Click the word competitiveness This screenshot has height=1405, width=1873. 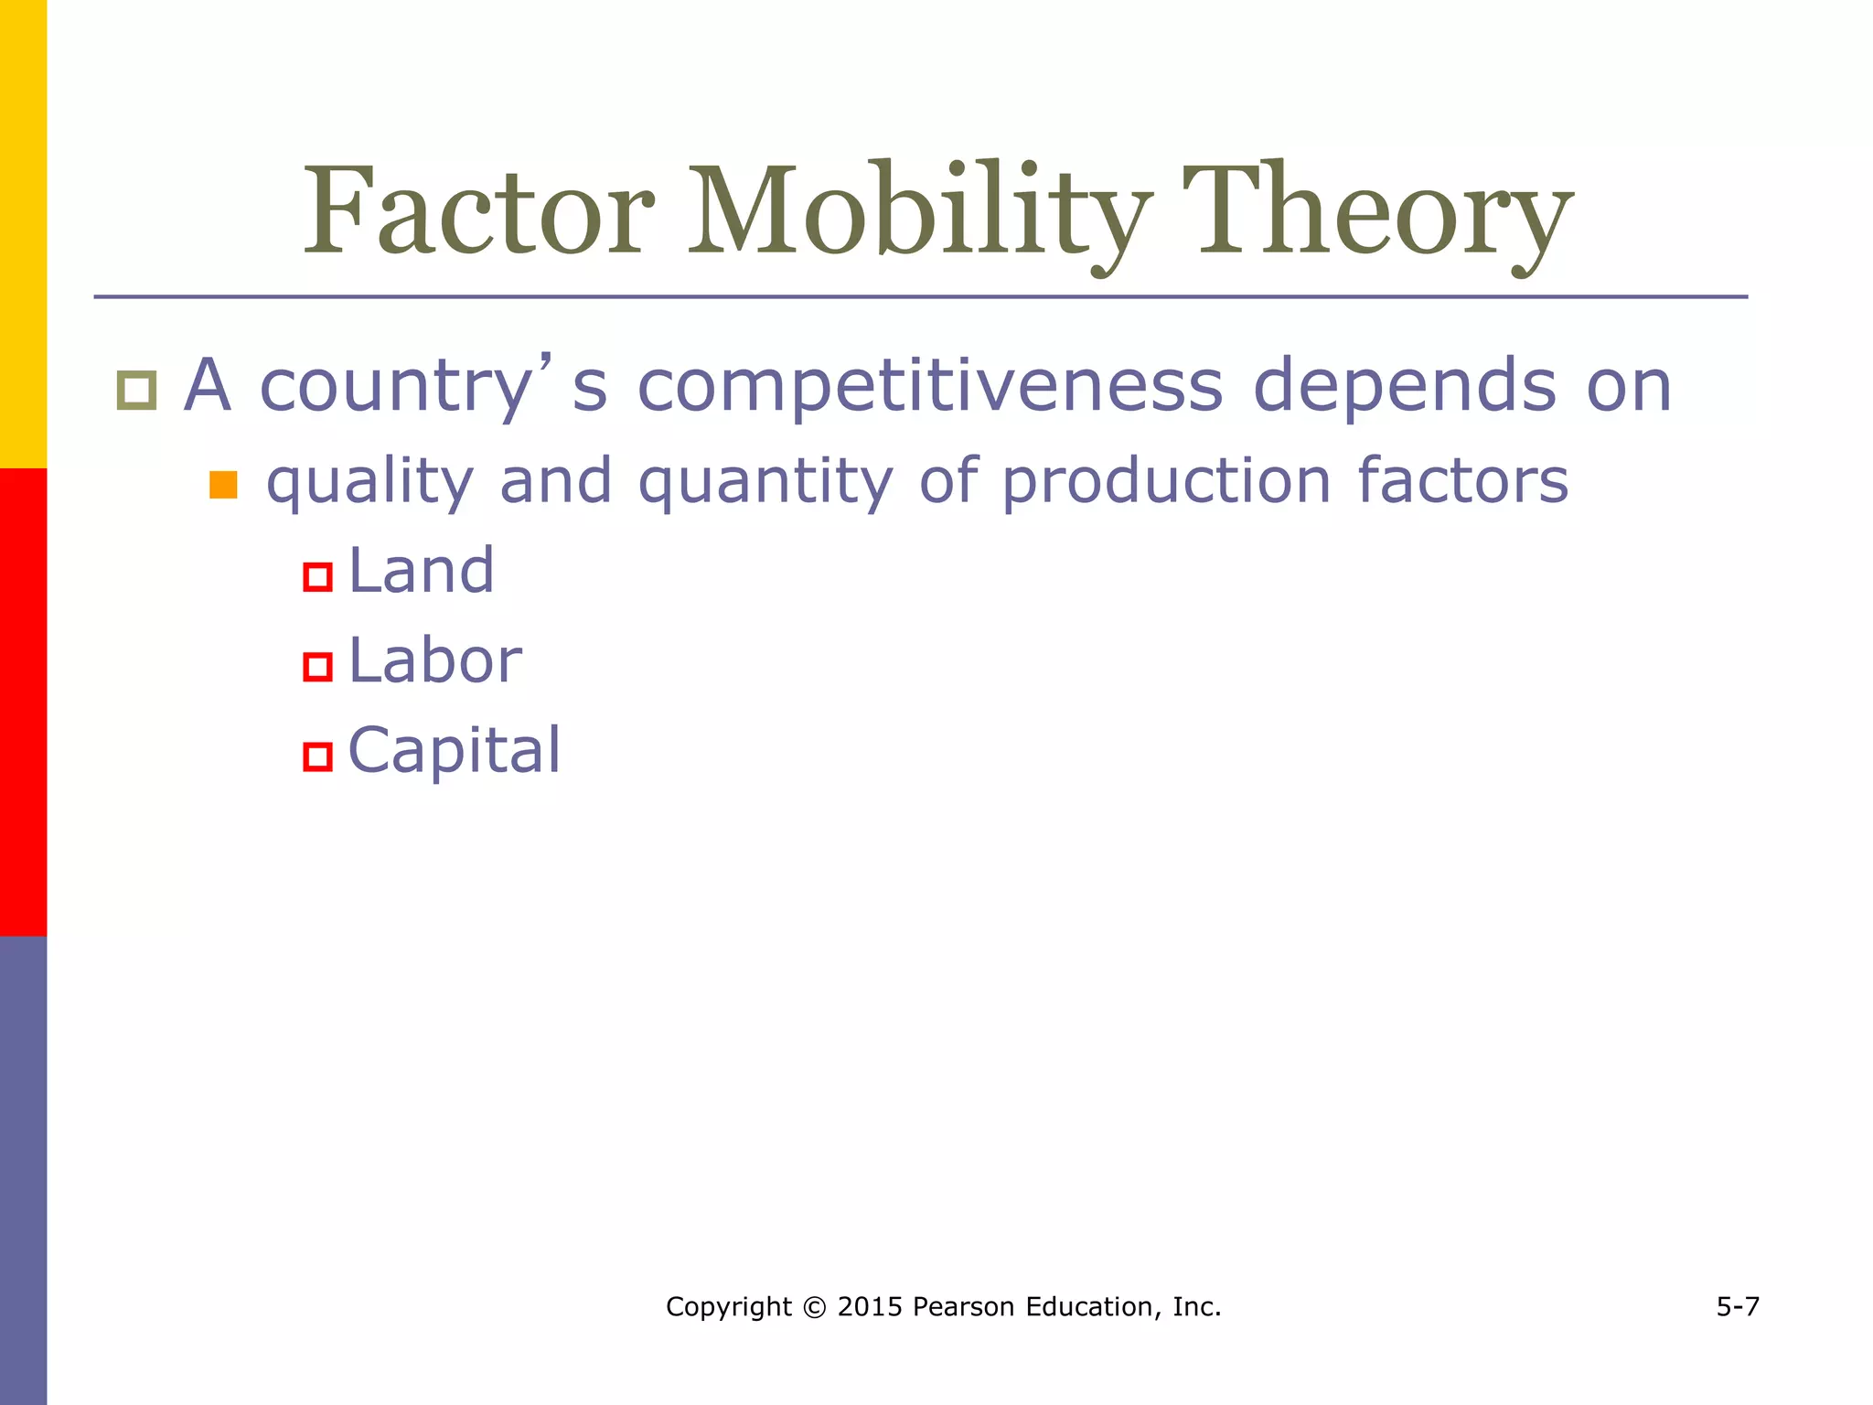pos(929,386)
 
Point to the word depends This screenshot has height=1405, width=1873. pos(1404,386)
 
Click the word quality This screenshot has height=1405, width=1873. pos(369,482)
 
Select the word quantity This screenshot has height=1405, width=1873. pos(765,482)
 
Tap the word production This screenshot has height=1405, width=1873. pos(1166,482)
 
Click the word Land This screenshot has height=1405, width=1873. pos(422,571)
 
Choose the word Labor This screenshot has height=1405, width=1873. pos(435,660)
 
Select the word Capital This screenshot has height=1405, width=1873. pos(455,751)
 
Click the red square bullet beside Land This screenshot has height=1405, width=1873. pos(317,577)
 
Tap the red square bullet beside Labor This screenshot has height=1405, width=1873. pos(317,667)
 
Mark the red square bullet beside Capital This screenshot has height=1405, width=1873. pos(317,757)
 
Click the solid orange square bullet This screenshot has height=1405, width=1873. pos(223,485)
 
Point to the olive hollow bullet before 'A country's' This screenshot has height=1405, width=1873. pos(137,391)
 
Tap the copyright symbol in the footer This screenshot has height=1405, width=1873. pos(814,1307)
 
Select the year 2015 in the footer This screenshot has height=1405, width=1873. pos(870,1307)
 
